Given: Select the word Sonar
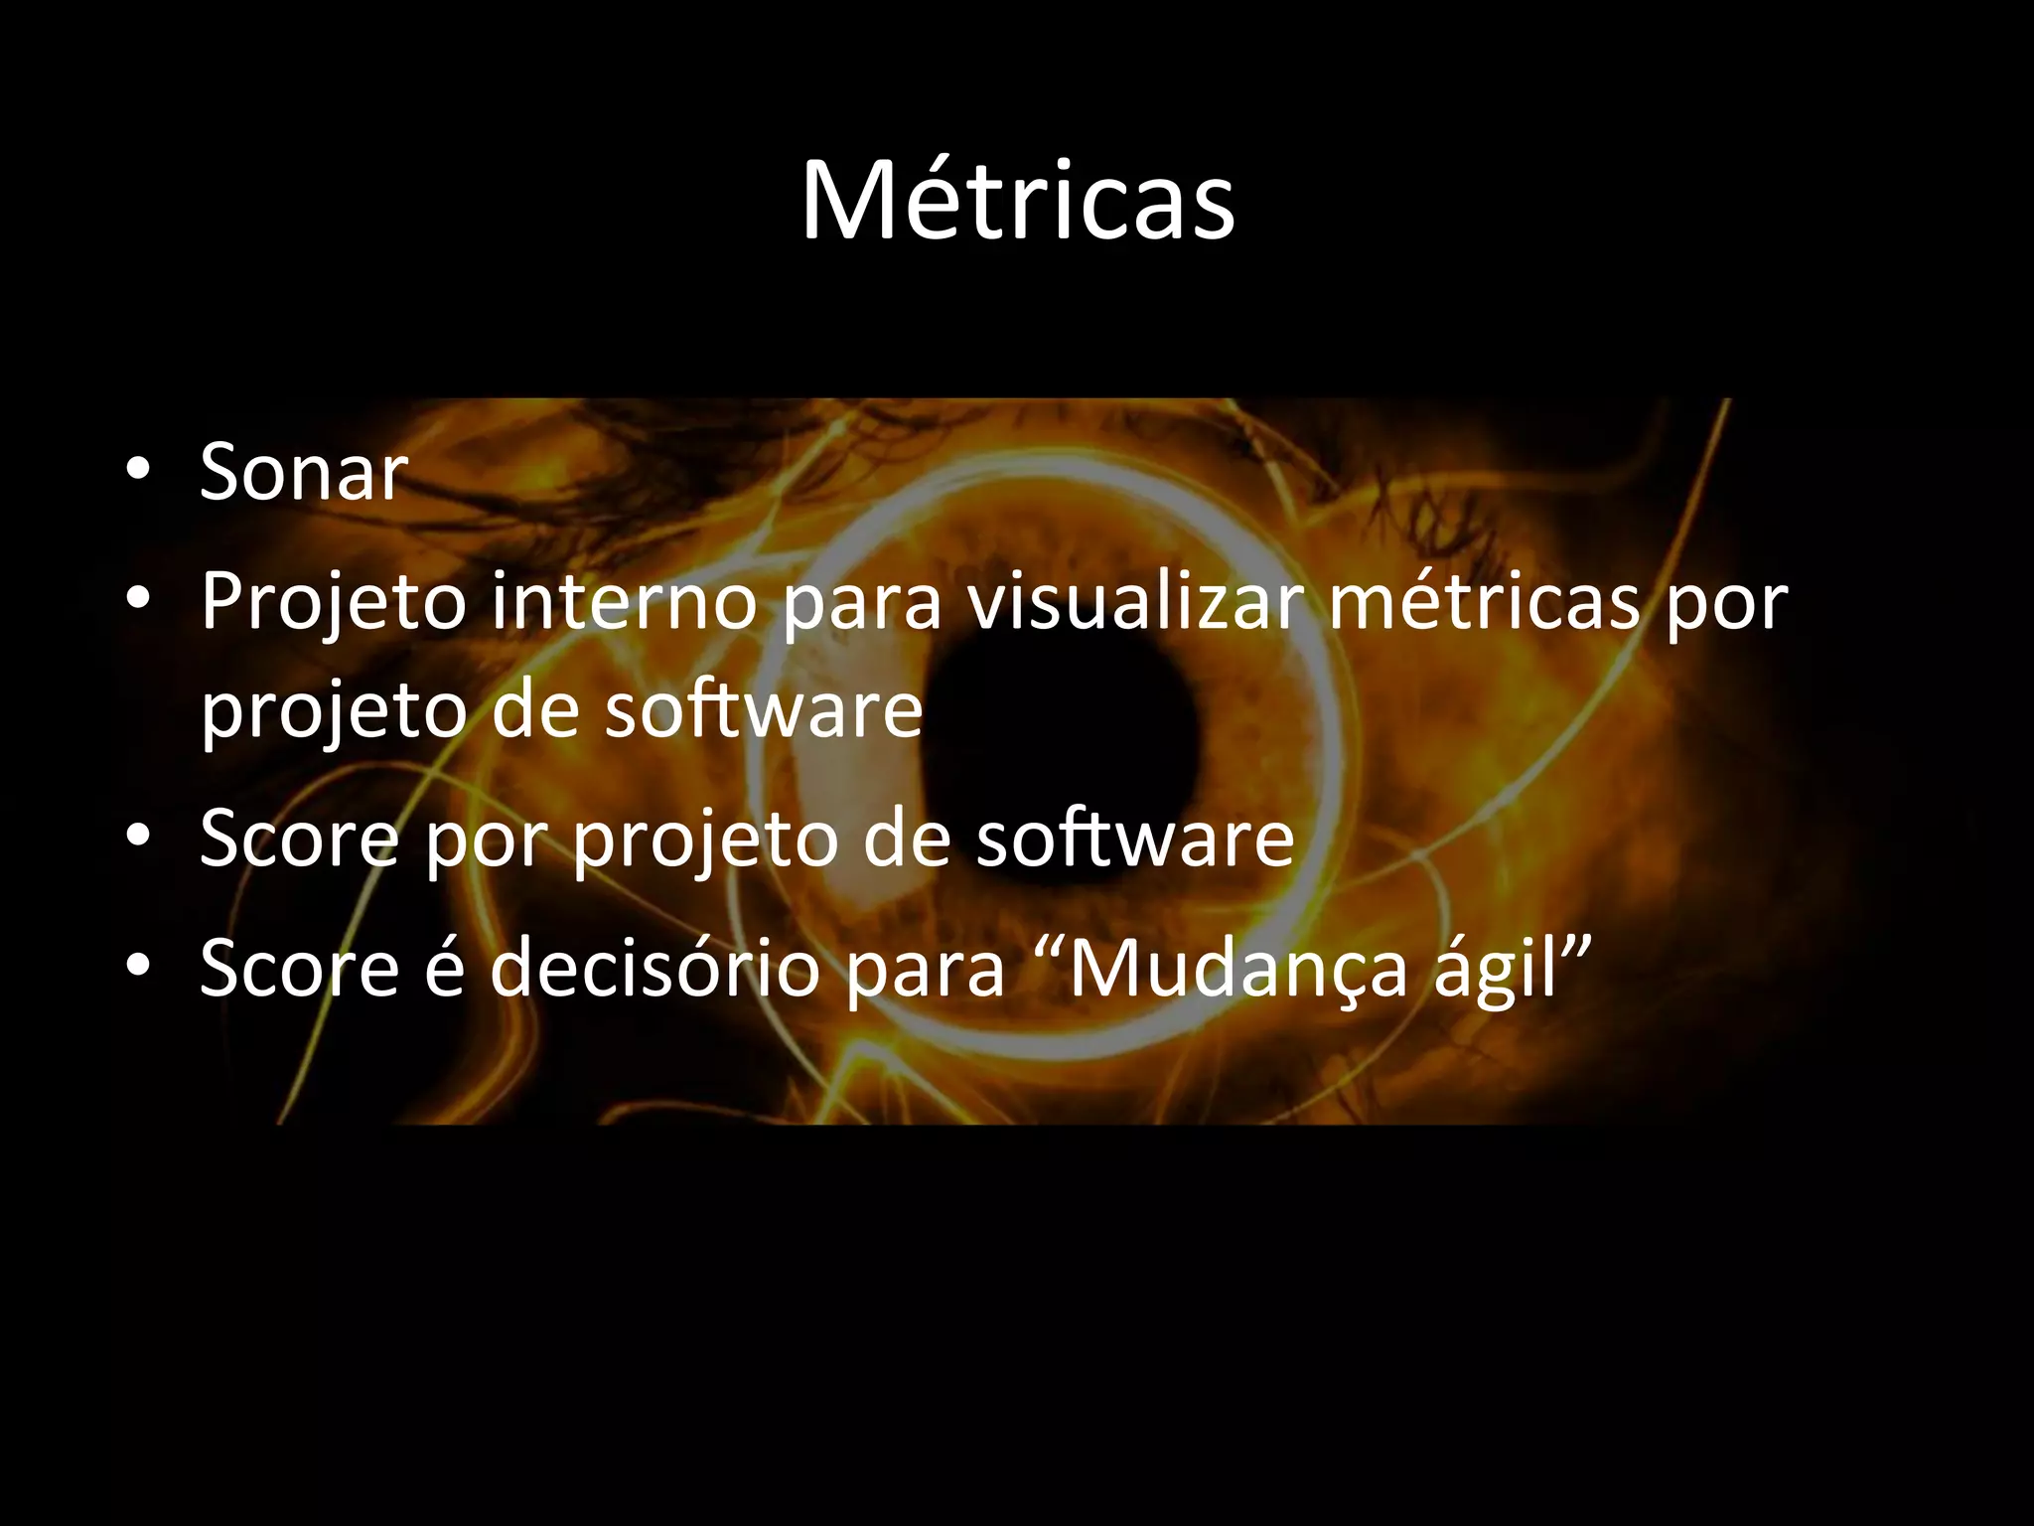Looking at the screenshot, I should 303,472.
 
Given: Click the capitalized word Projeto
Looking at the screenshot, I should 334,604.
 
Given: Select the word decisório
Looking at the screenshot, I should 654,968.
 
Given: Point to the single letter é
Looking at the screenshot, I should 444,968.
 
